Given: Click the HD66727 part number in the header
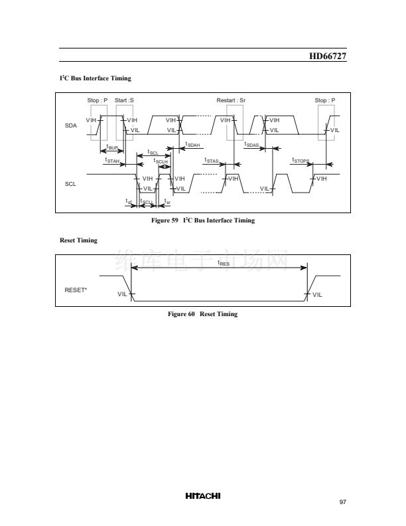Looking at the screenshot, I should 328,56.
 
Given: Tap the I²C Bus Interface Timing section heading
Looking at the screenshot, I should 96,78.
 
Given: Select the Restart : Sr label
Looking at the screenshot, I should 232,100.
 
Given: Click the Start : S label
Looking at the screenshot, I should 124,100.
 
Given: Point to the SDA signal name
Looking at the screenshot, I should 71,125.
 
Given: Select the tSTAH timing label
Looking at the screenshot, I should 112,160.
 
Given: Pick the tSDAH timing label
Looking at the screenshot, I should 192,144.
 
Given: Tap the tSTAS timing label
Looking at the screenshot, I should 212,160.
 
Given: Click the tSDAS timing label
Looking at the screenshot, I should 252,144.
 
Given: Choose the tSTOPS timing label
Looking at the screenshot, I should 301,160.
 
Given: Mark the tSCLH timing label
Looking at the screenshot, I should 161,160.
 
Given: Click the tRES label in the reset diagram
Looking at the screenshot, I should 224,263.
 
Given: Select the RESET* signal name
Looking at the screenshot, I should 76,290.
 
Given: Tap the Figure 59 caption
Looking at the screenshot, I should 203,220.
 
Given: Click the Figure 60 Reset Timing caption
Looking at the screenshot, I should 202,314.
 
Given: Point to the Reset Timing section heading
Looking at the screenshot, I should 78,240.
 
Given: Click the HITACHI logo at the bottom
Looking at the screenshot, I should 203,495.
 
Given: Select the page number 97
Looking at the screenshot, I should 342,502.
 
